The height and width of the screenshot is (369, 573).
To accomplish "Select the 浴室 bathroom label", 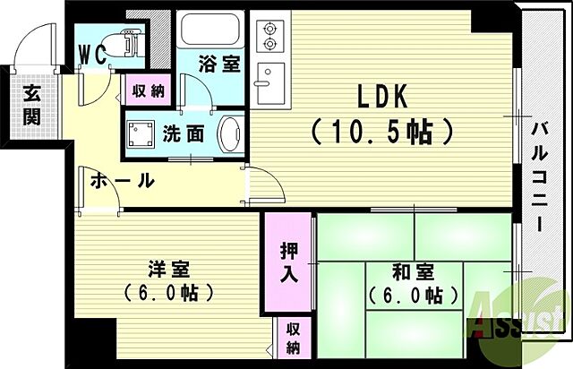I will (218, 65).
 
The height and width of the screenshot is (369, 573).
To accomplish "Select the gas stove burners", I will (268, 38).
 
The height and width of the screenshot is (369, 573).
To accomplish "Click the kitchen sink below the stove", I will (268, 84).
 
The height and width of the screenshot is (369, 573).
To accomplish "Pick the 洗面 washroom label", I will (183, 133).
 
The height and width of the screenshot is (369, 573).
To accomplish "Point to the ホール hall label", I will (122, 182).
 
